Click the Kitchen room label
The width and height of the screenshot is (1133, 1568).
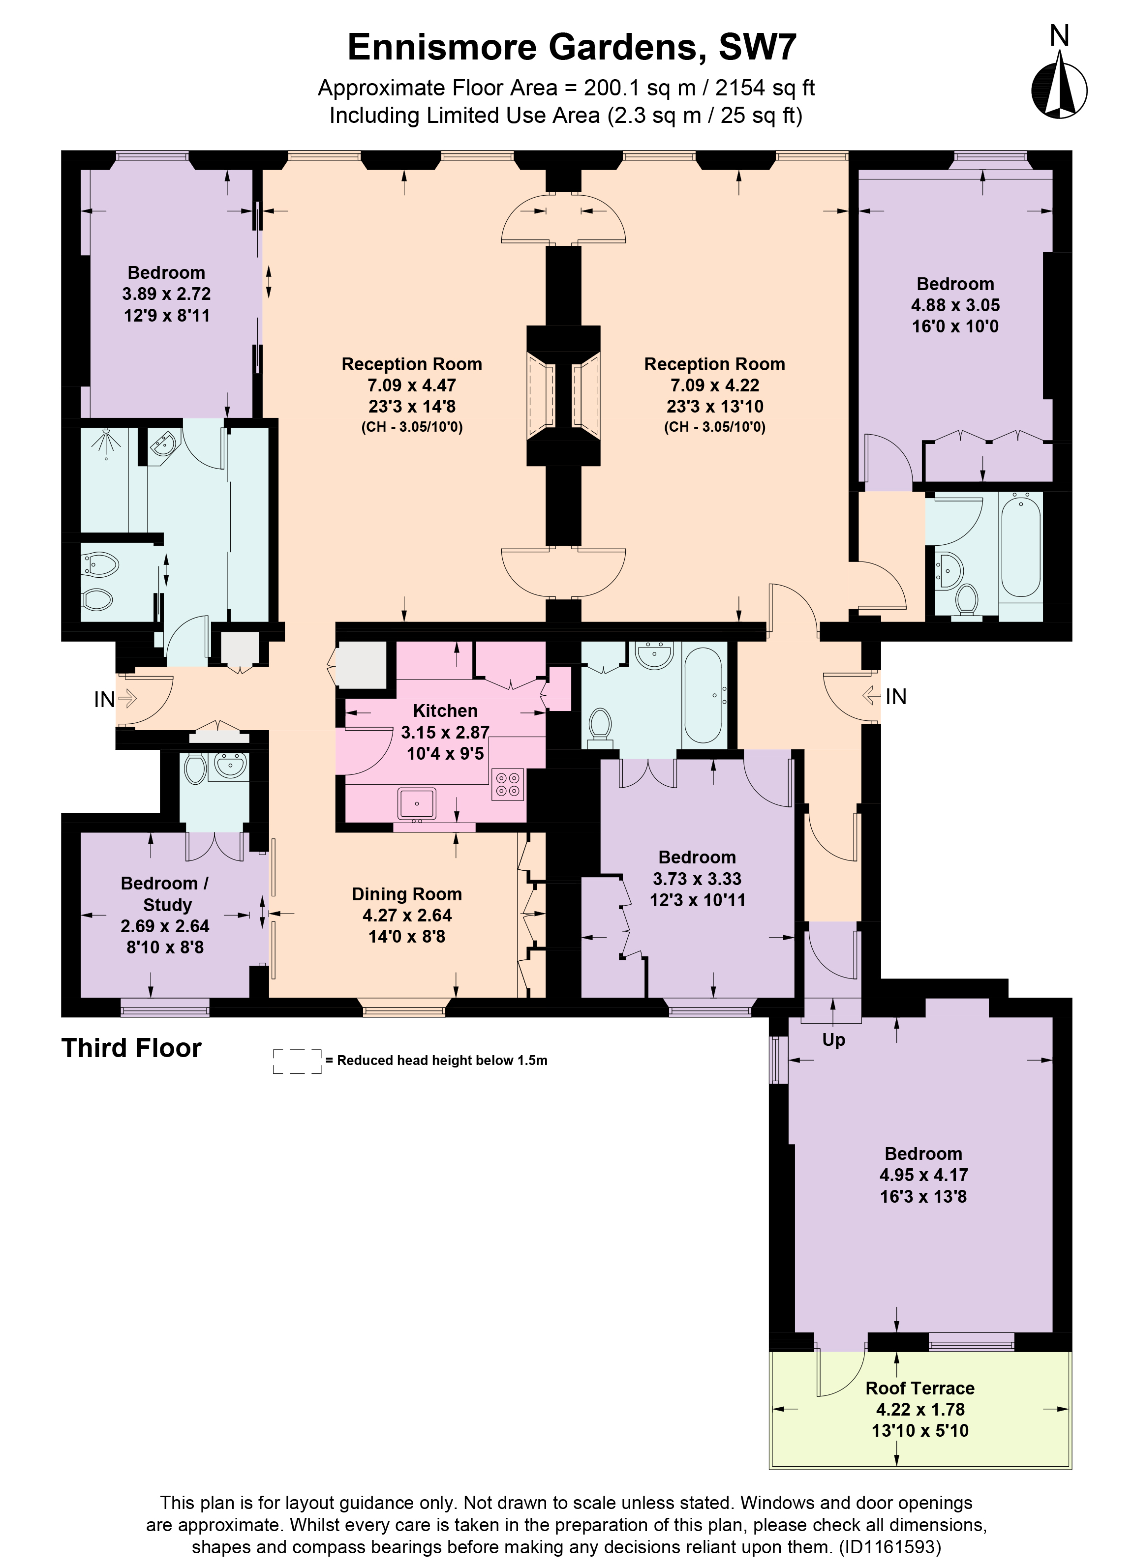click(445, 710)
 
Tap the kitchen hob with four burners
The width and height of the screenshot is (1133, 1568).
click(508, 784)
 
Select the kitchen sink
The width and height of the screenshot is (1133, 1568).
click(416, 803)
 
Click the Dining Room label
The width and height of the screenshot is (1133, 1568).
click(407, 894)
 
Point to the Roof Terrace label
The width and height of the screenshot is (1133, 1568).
click(920, 1388)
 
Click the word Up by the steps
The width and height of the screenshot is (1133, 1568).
click(833, 1040)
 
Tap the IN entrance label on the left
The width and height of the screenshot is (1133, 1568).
click(104, 700)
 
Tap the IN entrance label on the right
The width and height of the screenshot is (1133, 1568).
click(896, 696)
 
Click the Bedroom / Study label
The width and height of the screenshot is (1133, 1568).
click(165, 894)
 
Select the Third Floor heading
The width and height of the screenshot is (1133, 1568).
click(131, 1048)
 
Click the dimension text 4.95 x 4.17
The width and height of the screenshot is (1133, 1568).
click(923, 1175)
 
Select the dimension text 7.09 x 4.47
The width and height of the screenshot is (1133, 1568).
click(412, 385)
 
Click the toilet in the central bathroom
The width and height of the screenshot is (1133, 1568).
click(600, 726)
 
